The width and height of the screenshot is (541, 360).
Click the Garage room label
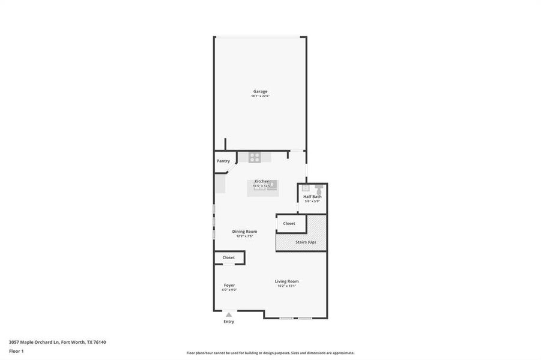pos(260,91)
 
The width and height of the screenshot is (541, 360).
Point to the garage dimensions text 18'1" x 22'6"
pos(260,96)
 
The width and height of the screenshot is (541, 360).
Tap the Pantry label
pos(223,161)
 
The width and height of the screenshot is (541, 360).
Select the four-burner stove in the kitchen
pos(255,158)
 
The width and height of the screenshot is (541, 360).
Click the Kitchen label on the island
pos(262,181)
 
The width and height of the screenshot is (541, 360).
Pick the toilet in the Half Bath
pos(318,189)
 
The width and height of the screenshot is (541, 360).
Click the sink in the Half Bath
pos(305,188)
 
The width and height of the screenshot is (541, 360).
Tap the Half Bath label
pos(312,197)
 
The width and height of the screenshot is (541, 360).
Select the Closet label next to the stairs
pos(289,224)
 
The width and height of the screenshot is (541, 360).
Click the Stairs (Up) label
pos(306,242)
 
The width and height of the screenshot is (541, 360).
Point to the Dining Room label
pos(244,232)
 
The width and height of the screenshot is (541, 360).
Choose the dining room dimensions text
pos(244,236)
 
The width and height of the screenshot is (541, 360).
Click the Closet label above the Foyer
pos(228,257)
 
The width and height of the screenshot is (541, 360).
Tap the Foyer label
pos(229,285)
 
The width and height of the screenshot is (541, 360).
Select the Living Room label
pos(286,281)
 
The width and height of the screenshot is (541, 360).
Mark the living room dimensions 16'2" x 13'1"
pos(286,286)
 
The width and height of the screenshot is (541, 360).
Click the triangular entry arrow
pos(229,314)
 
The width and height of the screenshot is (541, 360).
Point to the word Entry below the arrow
pos(229,322)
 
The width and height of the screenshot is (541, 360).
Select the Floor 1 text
pos(16,351)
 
